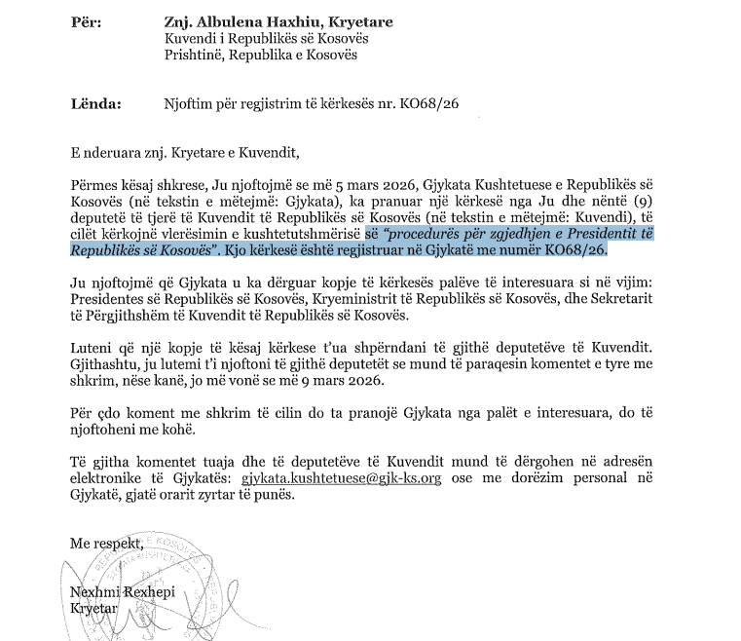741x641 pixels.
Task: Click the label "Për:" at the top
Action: click(85, 18)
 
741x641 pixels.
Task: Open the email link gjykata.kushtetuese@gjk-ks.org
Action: click(334, 479)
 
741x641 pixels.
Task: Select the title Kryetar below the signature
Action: click(93, 610)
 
